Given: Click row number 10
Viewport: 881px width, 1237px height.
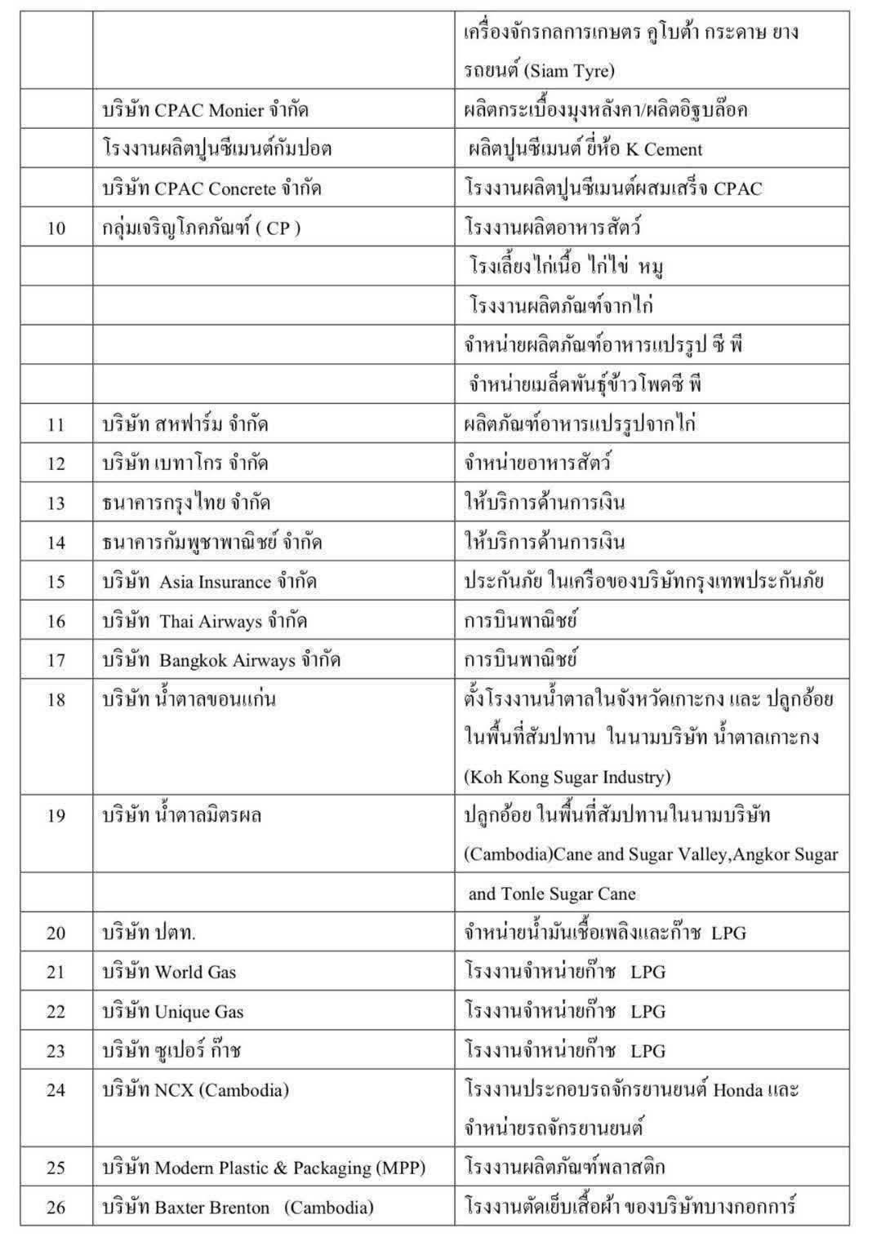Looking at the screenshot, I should click(56, 228).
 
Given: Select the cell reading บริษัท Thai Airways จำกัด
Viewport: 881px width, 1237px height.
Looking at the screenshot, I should click(204, 621).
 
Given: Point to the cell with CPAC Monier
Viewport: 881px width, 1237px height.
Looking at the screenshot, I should click(205, 110).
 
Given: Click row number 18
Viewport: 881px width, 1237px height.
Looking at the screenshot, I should click(56, 699).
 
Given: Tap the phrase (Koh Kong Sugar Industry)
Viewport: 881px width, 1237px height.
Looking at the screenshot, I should click(567, 777).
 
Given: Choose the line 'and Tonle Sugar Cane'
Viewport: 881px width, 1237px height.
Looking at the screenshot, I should click(551, 893).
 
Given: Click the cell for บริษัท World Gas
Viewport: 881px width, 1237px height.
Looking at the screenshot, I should click(169, 972).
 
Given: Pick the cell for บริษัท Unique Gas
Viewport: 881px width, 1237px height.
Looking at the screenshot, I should click(172, 1012).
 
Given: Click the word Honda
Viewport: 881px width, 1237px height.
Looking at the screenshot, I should click(738, 1089).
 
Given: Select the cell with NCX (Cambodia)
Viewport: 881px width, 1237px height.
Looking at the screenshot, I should click(195, 1089).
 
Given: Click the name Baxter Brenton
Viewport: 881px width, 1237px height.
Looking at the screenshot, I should click(212, 1208).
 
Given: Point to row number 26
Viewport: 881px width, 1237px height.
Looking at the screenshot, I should click(56, 1208).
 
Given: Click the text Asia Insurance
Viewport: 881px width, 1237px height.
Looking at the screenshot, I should click(215, 582).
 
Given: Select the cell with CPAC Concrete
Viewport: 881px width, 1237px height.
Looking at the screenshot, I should click(211, 188).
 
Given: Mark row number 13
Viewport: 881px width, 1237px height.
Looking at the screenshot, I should click(56, 503).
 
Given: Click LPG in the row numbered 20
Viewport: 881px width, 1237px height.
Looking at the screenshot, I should click(728, 933).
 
